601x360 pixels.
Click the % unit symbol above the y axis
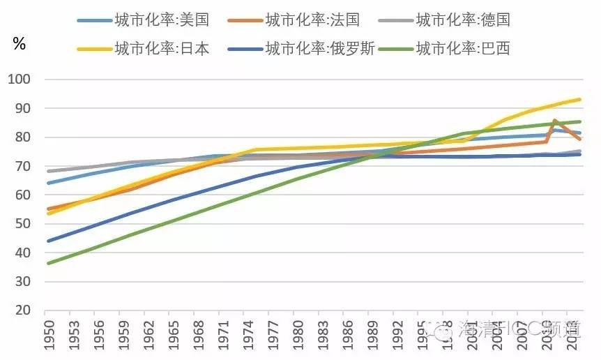pos(20,45)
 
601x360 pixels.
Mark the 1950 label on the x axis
pos(48,337)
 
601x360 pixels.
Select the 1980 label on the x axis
pos(298,337)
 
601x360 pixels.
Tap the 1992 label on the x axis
pos(397,337)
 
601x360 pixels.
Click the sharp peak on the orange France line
pos(555,121)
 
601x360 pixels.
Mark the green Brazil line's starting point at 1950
pos(46,263)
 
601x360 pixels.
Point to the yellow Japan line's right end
pos(580,99)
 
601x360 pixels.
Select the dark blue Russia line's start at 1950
pos(46,241)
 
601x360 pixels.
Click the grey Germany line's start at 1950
pos(46,171)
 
